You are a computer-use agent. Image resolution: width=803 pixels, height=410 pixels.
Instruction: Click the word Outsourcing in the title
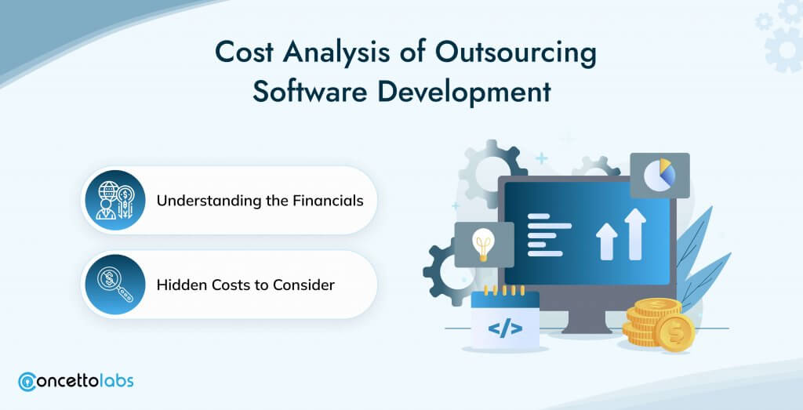(x=516, y=53)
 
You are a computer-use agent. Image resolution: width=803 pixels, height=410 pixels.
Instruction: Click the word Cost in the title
(x=244, y=53)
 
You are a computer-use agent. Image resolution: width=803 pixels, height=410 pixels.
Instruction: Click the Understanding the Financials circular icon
(x=115, y=200)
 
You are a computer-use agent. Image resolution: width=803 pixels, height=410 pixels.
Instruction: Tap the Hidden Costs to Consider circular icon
(x=115, y=284)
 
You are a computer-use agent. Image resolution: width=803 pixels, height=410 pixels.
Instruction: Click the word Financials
(x=328, y=200)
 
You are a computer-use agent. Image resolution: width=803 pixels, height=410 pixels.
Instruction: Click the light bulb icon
(x=483, y=244)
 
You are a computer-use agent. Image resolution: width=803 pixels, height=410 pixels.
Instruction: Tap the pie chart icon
(x=659, y=175)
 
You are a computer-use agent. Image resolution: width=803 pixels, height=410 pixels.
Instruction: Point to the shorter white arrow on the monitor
(x=606, y=241)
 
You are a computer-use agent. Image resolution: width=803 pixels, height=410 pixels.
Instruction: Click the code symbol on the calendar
(x=505, y=328)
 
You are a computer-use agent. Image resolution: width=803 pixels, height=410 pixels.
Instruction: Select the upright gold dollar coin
(x=675, y=332)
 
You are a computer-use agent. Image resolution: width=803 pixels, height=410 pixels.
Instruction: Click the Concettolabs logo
(x=76, y=381)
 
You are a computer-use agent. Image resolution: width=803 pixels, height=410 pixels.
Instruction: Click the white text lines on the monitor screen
(x=549, y=234)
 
